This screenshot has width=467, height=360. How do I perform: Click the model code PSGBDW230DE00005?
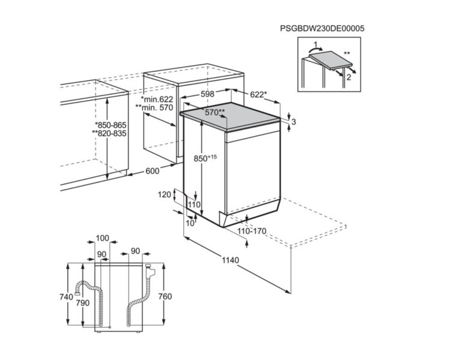pyautogui.click(x=322, y=28)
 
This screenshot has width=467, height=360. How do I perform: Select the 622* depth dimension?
pyautogui.click(x=258, y=94)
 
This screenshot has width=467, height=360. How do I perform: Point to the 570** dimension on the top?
pyautogui.click(x=215, y=112)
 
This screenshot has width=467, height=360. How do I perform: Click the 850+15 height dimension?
pyautogui.click(x=205, y=158)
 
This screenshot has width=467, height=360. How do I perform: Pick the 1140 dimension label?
pyautogui.click(x=230, y=260)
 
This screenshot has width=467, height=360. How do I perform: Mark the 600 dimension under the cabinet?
pyautogui.click(x=152, y=171)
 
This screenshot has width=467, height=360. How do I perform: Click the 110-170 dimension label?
pyautogui.click(x=251, y=231)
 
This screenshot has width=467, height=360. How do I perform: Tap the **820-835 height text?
pyautogui.click(x=109, y=133)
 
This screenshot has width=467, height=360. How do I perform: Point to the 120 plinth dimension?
pyautogui.click(x=164, y=195)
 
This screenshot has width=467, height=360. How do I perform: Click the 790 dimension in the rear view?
pyautogui.click(x=82, y=303)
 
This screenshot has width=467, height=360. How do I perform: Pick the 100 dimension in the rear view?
pyautogui.click(x=102, y=239)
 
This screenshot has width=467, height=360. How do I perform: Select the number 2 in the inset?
pyautogui.click(x=348, y=77)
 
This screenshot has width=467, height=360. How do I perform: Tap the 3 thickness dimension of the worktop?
pyautogui.click(x=294, y=122)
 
